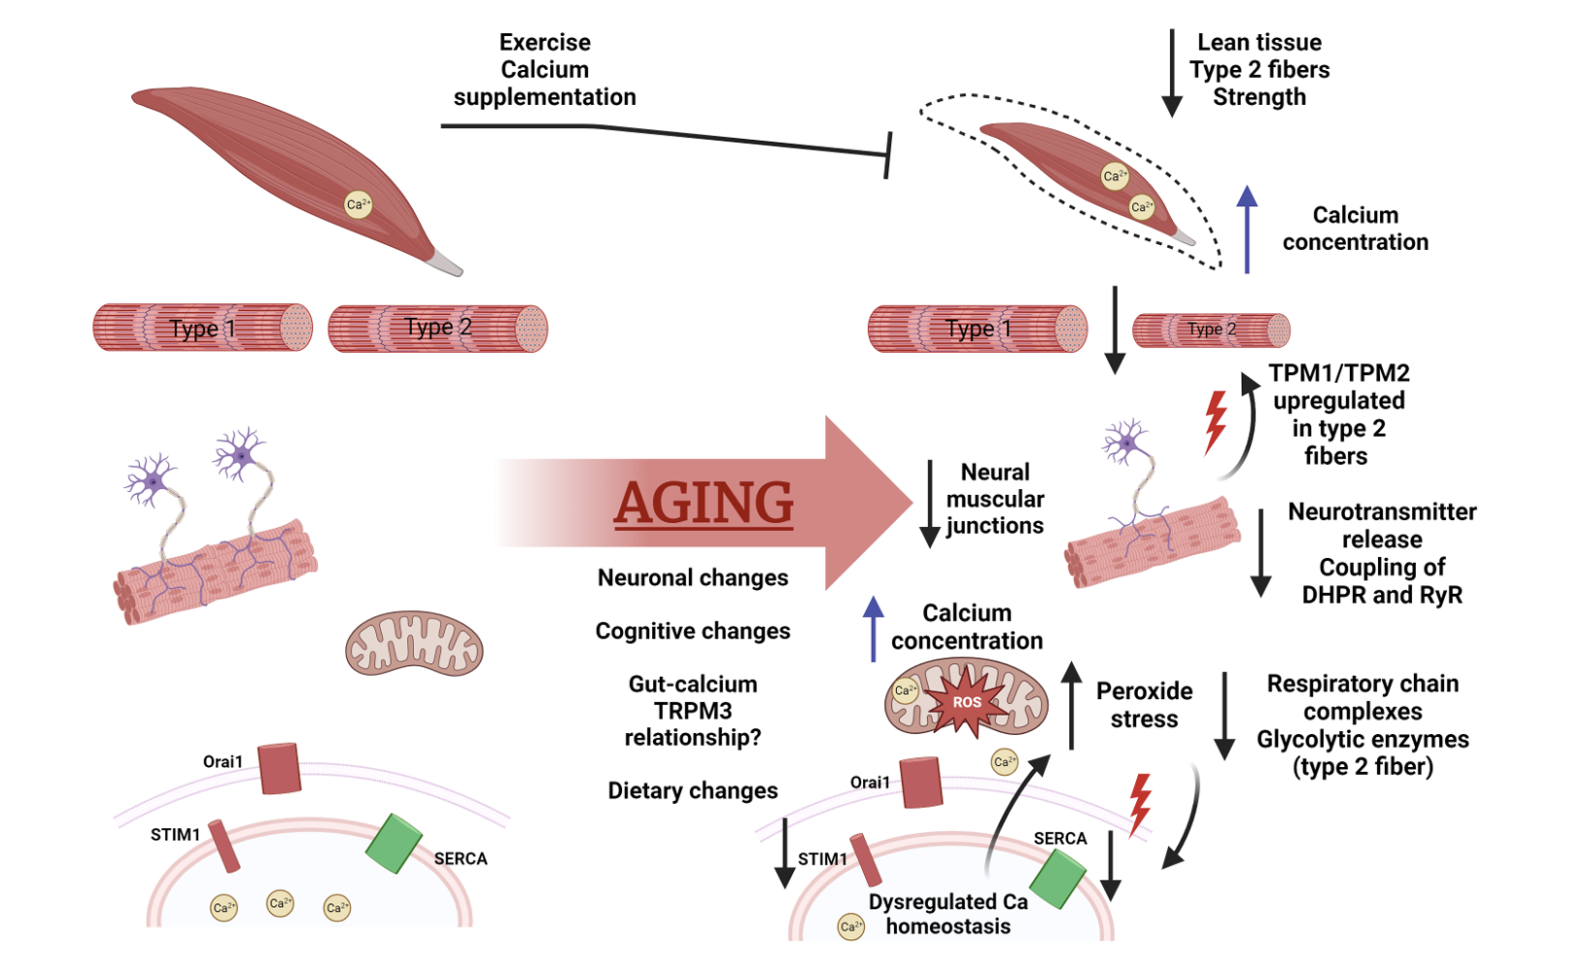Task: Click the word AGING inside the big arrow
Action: coord(703,504)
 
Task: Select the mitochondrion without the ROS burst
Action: coord(414,644)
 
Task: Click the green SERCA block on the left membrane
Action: coord(394,843)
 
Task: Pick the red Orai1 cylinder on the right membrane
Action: coord(921,783)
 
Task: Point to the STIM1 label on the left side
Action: coord(175,835)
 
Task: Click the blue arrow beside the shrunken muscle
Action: coord(1247,229)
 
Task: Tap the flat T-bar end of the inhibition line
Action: coord(888,156)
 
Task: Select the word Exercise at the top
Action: coord(544,43)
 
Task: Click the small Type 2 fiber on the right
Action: coord(1212,330)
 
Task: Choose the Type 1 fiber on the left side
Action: coord(203,328)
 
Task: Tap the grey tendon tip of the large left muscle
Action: coord(445,262)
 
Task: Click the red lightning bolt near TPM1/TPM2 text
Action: coord(1216,423)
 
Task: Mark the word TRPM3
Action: coord(693,711)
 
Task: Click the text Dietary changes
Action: coord(693,790)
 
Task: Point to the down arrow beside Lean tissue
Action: coord(1173,73)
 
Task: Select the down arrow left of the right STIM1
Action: coord(784,853)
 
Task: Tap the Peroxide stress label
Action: coord(1144,705)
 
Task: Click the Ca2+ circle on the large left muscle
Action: coord(359,205)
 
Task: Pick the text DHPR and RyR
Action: coord(1382,595)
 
